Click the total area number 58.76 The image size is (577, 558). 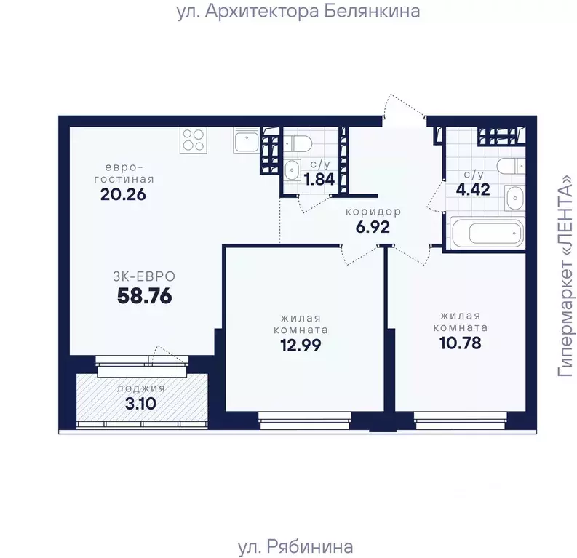coord(144,296)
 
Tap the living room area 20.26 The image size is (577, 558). coord(123,194)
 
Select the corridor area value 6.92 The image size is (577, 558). coord(373,227)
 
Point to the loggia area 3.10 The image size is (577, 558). coord(140,404)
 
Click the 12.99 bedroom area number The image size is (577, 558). coord(301,345)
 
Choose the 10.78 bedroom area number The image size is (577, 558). coord(461,343)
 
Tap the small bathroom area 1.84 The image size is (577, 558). coord(319,180)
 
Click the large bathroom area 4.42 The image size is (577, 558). coord(473,189)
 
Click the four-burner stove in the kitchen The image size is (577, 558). coord(194,140)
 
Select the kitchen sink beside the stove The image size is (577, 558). coord(247,140)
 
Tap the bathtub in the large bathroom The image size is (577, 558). coord(488,233)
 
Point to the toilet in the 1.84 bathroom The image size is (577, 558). coord(298,142)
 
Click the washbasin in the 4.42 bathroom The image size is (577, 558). coord(515,199)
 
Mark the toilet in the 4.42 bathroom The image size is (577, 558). coord(511,167)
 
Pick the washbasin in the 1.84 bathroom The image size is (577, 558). coord(292,170)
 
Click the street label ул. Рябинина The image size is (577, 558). coord(295,546)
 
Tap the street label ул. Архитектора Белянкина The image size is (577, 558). coord(298,11)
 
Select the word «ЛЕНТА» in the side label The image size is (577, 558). coord(566,212)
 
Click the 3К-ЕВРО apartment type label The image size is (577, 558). coord(144,276)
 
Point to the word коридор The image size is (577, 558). coord(373,212)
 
